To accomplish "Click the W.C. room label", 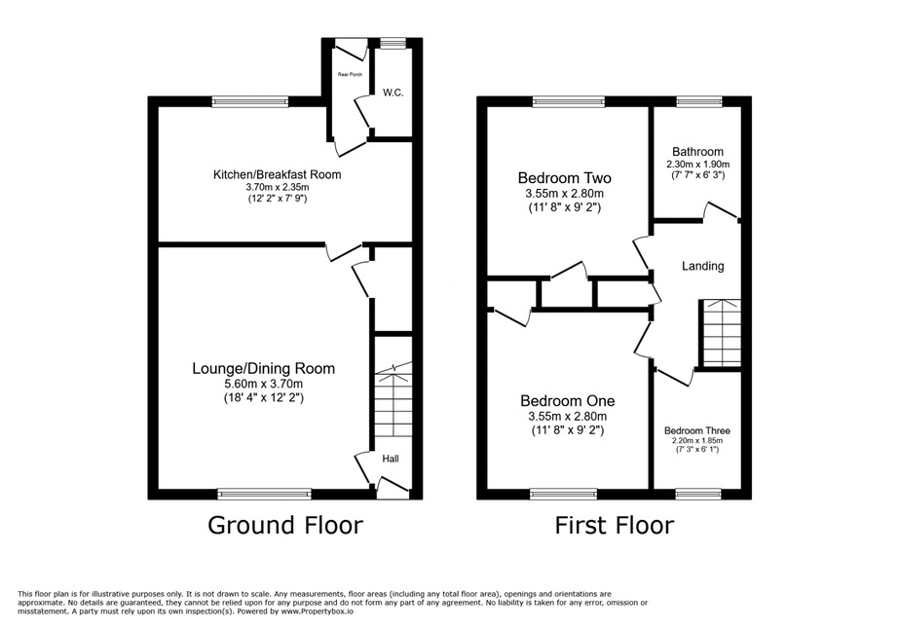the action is pyautogui.click(x=393, y=92).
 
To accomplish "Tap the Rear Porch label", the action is pyautogui.click(x=350, y=75).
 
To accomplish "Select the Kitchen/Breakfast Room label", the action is pyautogui.click(x=277, y=174).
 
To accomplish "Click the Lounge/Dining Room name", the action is pyautogui.click(x=263, y=369).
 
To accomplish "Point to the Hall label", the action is pyautogui.click(x=391, y=459).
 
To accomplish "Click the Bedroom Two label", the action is pyautogui.click(x=564, y=178).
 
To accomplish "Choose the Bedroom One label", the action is pyautogui.click(x=568, y=401).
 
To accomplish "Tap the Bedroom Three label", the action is pyautogui.click(x=697, y=430).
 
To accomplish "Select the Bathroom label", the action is pyautogui.click(x=697, y=152).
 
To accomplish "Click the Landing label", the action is pyautogui.click(x=703, y=266).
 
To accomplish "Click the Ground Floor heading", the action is pyautogui.click(x=285, y=525).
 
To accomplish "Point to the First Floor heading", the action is pyautogui.click(x=614, y=525).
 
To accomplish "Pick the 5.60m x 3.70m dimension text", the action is pyautogui.click(x=263, y=385).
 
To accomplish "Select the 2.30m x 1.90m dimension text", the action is pyautogui.click(x=697, y=165).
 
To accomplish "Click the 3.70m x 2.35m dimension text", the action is pyautogui.click(x=277, y=188).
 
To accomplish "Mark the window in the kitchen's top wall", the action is pyautogui.click(x=250, y=102).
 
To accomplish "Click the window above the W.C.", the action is pyautogui.click(x=393, y=43).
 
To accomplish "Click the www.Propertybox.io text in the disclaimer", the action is pyautogui.click(x=317, y=611).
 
